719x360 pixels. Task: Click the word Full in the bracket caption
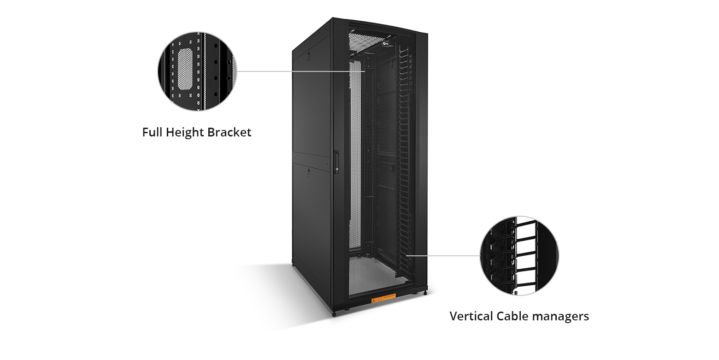tap(153, 133)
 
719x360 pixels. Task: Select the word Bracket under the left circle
tap(229, 133)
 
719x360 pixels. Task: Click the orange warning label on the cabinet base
tap(383, 300)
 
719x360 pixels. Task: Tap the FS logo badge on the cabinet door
tap(386, 44)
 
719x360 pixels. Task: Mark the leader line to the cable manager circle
tap(442, 255)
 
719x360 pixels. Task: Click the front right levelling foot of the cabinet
tap(425, 292)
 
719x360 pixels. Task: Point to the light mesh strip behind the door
tap(355, 157)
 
